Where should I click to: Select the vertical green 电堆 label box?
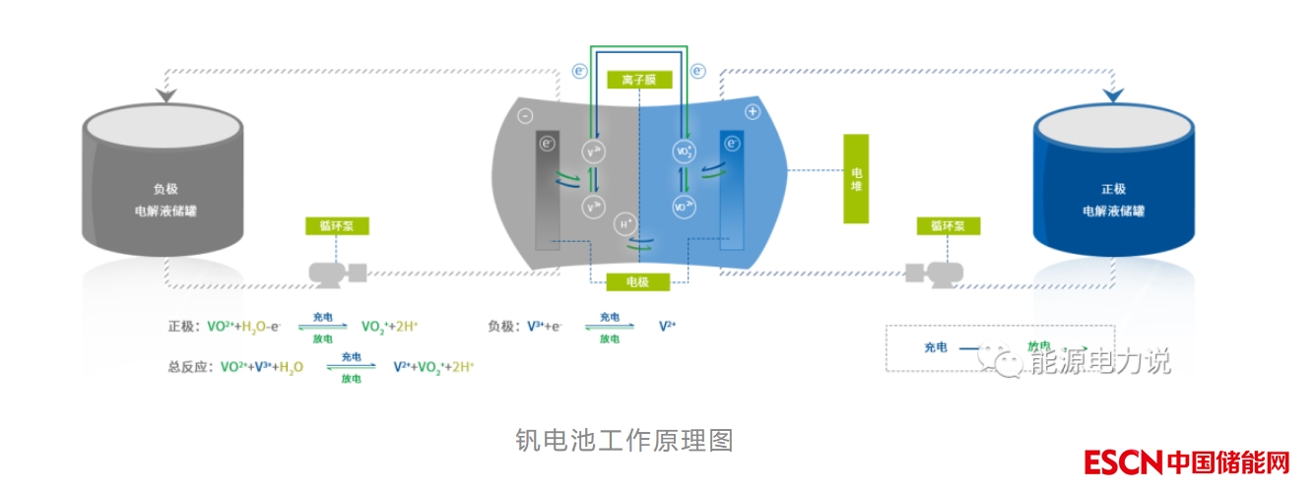point(855,179)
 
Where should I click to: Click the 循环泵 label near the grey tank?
point(336,226)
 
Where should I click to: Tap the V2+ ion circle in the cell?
point(594,152)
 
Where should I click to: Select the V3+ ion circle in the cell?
point(594,207)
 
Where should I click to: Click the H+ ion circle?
point(625,224)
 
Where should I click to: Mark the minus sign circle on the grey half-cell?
point(525,113)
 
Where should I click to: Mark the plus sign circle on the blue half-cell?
point(753,112)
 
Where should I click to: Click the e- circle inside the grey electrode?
point(548,145)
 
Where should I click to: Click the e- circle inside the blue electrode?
point(732,144)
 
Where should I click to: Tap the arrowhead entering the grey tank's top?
point(164,95)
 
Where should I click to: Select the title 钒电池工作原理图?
point(625,439)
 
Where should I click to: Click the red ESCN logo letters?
point(1124,462)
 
